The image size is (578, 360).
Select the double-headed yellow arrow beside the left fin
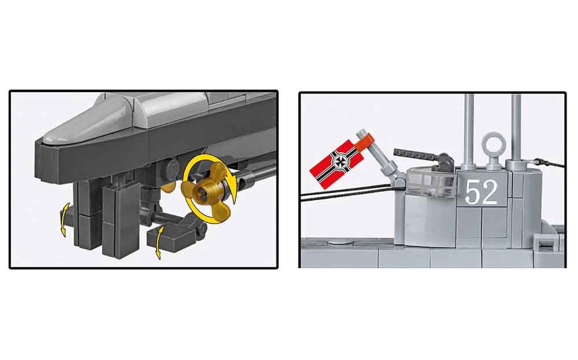coord(64,219)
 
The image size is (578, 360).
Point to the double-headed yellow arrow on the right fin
coord(159,243)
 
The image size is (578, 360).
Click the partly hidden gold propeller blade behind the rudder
coord(168,187)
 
